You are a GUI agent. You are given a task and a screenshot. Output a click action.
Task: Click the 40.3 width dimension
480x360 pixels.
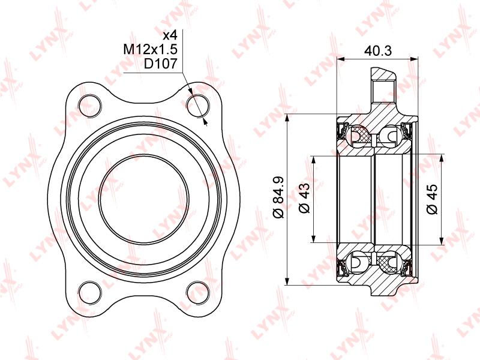pyautogui.click(x=378, y=51)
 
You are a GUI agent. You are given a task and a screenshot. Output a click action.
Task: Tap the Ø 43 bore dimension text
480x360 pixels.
pyautogui.click(x=304, y=198)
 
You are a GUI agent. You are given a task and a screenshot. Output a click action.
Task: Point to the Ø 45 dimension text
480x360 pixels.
pyautogui.click(x=432, y=199)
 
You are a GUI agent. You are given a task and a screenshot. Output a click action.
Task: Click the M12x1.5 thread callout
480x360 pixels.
pyautogui.click(x=151, y=49)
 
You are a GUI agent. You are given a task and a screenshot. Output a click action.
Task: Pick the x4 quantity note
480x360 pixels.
pyautogui.click(x=170, y=35)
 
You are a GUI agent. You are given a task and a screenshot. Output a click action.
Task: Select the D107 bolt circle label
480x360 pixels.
pyautogui.click(x=161, y=64)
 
